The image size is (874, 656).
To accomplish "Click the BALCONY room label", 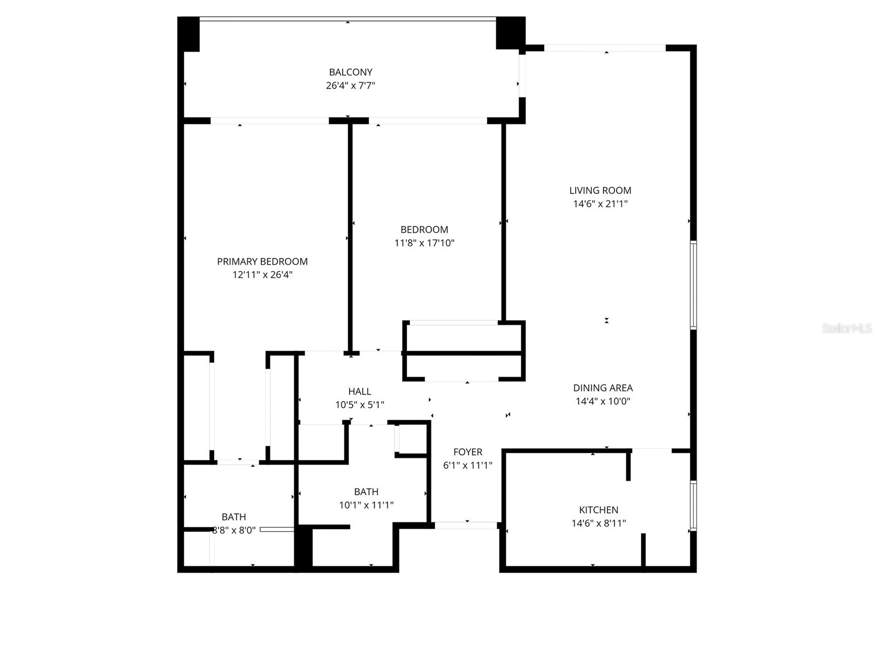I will (350, 72).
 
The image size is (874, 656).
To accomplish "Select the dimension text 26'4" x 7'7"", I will (350, 86).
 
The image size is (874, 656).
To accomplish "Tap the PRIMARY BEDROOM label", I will (262, 262).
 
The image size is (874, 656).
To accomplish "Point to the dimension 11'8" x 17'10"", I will (424, 243).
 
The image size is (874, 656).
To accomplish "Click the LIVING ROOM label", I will (600, 191).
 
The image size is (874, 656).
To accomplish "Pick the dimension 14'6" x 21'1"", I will (600, 204).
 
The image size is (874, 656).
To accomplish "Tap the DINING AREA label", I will (603, 388).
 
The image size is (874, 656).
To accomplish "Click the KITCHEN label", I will (599, 510).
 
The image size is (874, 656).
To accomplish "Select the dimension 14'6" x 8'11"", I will (599, 523).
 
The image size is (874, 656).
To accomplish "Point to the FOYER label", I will (468, 452).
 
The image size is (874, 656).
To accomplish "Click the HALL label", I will (359, 391).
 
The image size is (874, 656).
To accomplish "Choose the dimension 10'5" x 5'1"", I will (359, 405).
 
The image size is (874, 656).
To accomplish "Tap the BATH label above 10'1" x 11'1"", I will (366, 492).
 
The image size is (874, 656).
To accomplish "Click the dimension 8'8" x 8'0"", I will (234, 530).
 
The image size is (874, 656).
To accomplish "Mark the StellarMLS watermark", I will (847, 329).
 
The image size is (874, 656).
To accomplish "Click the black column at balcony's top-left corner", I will (189, 34).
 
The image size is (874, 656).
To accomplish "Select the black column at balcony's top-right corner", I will (509, 33).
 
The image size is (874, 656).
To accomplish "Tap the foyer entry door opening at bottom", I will (466, 525).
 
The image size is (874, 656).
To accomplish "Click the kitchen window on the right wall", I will (693, 506).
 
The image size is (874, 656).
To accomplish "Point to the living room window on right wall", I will (693, 285).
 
